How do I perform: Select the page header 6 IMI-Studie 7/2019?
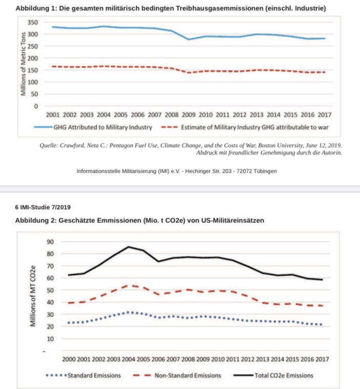(43, 207)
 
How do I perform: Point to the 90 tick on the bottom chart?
(50, 241)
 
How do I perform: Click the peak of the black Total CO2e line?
(128, 247)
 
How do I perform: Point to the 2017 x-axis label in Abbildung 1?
(324, 114)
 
